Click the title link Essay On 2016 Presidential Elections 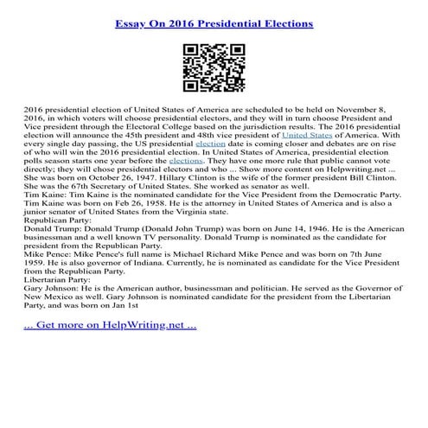[214, 19]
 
